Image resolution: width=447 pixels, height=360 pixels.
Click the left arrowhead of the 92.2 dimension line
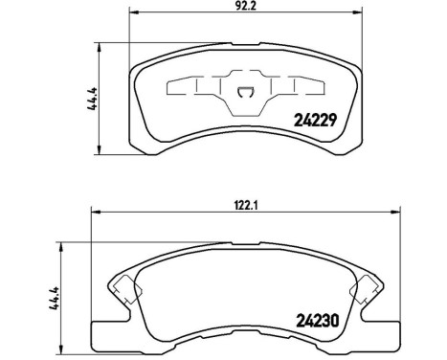[x=134, y=11]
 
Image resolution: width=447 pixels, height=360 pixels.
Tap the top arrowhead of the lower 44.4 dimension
[x=65, y=242]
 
